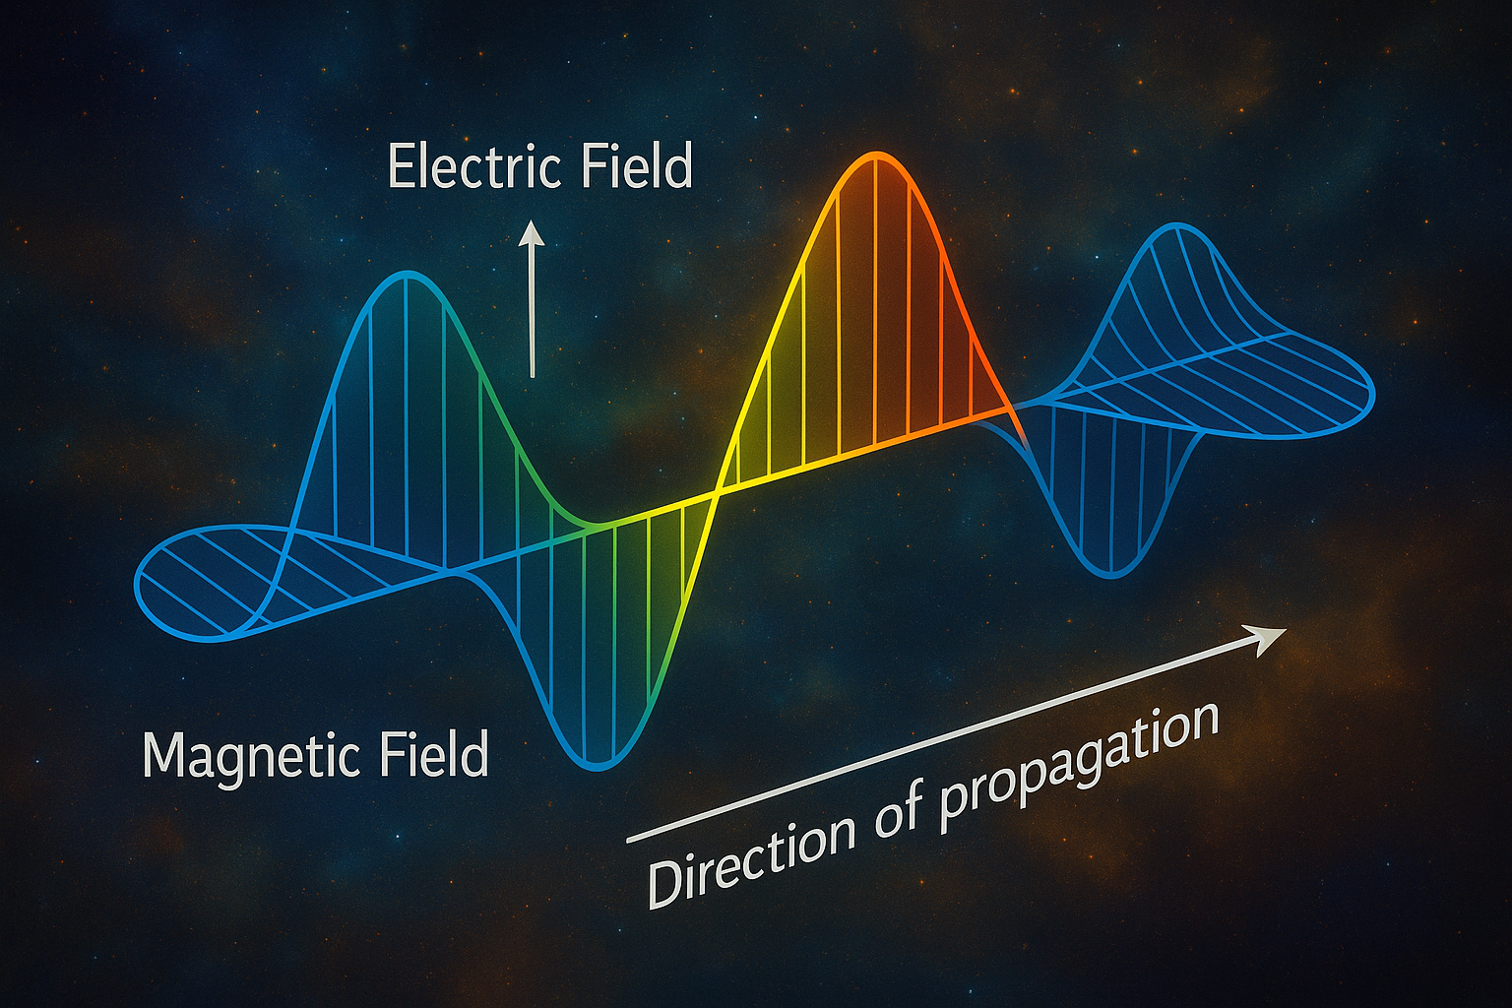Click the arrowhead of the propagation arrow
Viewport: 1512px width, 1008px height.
[1269, 637]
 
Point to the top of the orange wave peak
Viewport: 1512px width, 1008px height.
[875, 155]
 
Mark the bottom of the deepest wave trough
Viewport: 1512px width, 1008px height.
[597, 768]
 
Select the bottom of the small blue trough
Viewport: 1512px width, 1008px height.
[1112, 576]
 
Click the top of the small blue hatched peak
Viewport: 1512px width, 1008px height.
[1178, 225]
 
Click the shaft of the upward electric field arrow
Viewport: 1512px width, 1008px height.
[532, 310]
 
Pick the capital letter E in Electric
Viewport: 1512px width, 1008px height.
[401, 165]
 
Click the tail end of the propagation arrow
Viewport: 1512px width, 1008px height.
[628, 842]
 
